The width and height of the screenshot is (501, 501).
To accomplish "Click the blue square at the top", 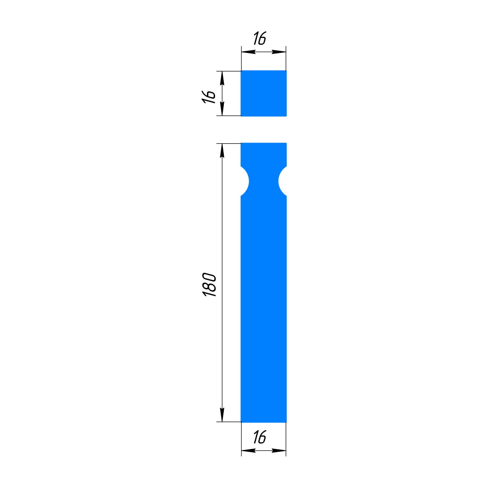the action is coord(264,93).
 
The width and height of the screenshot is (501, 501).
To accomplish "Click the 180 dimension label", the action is coord(210,285).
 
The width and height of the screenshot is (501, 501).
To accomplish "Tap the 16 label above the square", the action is coord(260,38).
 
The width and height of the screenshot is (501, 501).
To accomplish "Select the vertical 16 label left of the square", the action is coord(209,97).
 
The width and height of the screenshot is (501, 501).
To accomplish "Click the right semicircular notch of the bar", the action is coord(283,181).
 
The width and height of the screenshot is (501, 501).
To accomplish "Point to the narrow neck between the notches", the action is coord(264,181).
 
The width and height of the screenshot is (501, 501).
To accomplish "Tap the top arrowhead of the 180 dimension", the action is coord(222,151).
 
